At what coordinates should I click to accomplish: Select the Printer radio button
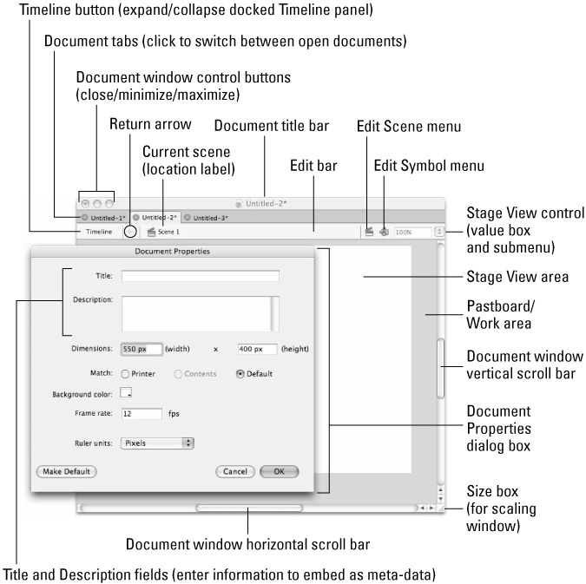click(x=127, y=374)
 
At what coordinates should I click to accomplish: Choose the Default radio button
click(x=240, y=374)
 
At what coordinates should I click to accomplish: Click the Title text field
click(x=200, y=276)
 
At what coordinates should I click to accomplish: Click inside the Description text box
click(x=196, y=315)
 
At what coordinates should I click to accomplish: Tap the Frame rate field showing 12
click(x=142, y=414)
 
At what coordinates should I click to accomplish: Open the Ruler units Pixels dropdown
click(x=157, y=443)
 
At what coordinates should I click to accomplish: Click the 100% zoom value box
click(x=412, y=233)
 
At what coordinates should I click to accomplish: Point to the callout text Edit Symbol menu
click(x=428, y=165)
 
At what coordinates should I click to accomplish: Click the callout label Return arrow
click(x=150, y=124)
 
